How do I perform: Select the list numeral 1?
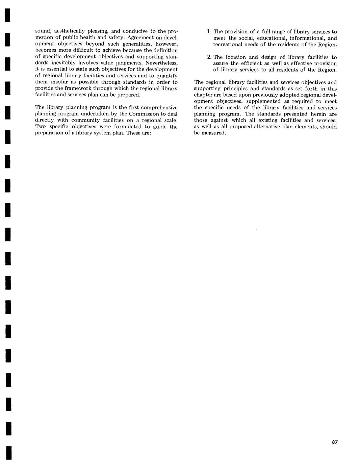pos(209,32)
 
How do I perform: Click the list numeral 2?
pos(209,57)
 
